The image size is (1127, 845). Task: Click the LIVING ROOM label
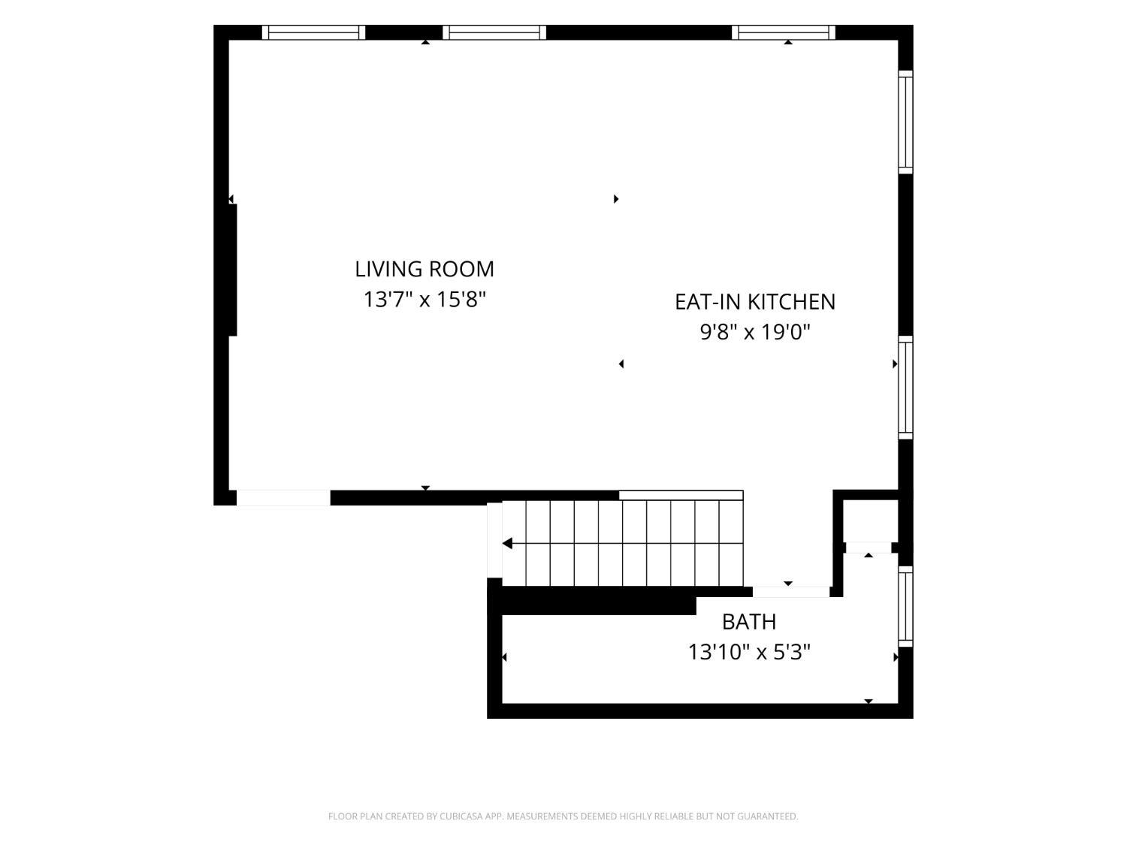pyautogui.click(x=424, y=269)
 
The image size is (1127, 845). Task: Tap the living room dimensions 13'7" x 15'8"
pyautogui.click(x=424, y=299)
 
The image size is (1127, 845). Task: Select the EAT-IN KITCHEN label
pyautogui.click(x=755, y=302)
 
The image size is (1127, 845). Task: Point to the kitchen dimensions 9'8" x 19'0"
pyautogui.click(x=755, y=332)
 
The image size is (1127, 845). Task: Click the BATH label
pyautogui.click(x=749, y=622)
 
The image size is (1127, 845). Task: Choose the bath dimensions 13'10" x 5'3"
pyautogui.click(x=749, y=652)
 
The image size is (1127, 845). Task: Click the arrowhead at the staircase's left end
pyautogui.click(x=507, y=543)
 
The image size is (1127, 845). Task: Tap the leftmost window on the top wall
pyautogui.click(x=314, y=32)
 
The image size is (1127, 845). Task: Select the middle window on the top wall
pyautogui.click(x=494, y=32)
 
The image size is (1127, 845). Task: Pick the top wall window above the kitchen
pyautogui.click(x=784, y=32)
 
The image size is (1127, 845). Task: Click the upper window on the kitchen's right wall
pyautogui.click(x=905, y=122)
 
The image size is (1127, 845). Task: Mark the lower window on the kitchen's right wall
pyautogui.click(x=905, y=388)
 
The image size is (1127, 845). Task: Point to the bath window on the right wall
pyautogui.click(x=905, y=606)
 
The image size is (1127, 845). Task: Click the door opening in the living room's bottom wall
pyautogui.click(x=283, y=498)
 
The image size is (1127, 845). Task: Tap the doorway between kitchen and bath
pyautogui.click(x=790, y=592)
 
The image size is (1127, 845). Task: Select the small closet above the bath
pyautogui.click(x=870, y=521)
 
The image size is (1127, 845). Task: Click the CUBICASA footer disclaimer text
pyautogui.click(x=563, y=816)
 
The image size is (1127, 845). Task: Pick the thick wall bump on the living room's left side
pyautogui.click(x=233, y=270)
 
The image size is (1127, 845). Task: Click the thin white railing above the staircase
pyautogui.click(x=681, y=495)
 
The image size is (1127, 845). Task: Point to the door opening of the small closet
pyautogui.click(x=869, y=548)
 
